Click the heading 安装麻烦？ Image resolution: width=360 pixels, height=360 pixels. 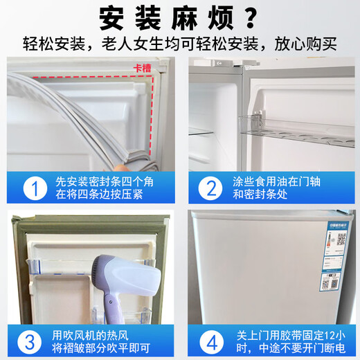click(180, 17)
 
